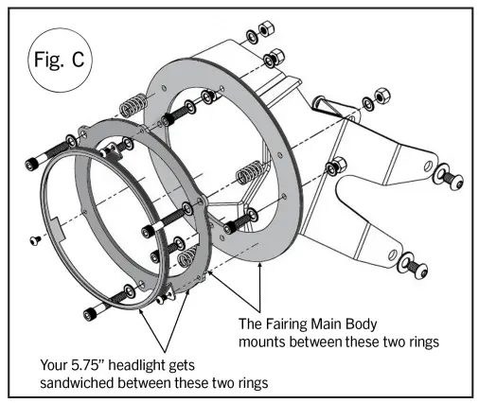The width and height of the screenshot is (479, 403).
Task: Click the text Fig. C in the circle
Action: coord(59,60)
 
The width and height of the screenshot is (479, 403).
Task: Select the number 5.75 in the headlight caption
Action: coord(88,365)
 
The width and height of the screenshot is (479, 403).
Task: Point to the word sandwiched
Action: coord(77,383)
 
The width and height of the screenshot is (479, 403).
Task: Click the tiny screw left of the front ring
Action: coord(35,240)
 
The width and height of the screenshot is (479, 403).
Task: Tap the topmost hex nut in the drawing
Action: coord(266,28)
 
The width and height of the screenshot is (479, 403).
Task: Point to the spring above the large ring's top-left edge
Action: coord(133,105)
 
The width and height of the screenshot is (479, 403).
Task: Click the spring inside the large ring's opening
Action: coord(251,172)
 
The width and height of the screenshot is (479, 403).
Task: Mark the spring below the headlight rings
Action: coord(187,256)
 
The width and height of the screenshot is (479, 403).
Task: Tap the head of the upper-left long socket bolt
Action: coord(32,165)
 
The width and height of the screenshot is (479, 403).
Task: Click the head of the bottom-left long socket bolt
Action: coord(91,314)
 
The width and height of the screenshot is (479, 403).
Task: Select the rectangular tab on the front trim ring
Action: coord(58,228)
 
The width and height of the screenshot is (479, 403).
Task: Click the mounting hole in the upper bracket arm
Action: coord(428,166)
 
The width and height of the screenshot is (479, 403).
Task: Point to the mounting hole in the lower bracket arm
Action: coord(393,254)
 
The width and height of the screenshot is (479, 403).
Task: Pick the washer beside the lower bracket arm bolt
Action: coord(404,262)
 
